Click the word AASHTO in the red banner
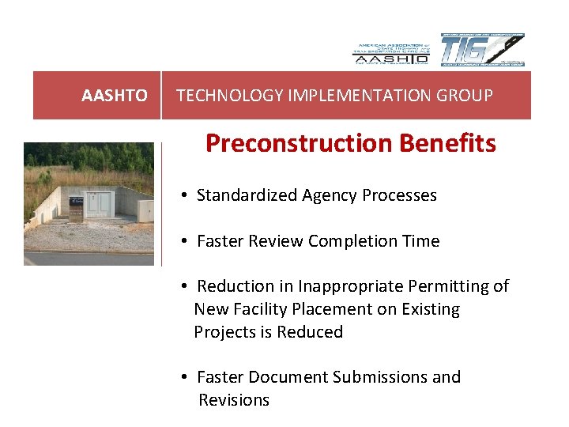pyautogui.click(x=115, y=96)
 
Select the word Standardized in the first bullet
pyautogui.click(x=247, y=195)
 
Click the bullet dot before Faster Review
pyautogui.click(x=183, y=241)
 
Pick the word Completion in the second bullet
pyautogui.click(x=349, y=241)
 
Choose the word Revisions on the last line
pyautogui.click(x=234, y=400)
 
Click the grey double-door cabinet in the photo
pyautogui.click(x=100, y=204)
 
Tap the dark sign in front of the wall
pyautogui.click(x=76, y=208)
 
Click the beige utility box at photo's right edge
pyautogui.click(x=145, y=210)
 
